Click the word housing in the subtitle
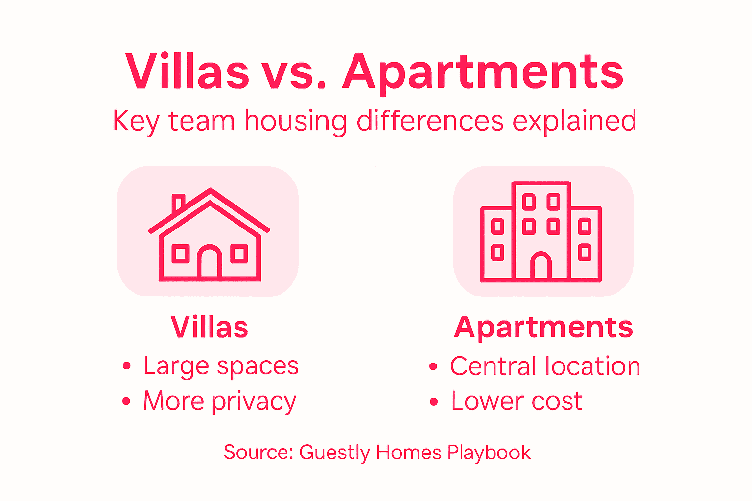[x=295, y=121]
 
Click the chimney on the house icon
[x=178, y=202]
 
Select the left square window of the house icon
[x=181, y=253]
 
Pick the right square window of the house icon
[x=239, y=253]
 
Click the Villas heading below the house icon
[x=210, y=327]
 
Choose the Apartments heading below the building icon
[x=543, y=327]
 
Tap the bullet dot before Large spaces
[x=127, y=366]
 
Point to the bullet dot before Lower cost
[x=434, y=402]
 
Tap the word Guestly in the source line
[x=334, y=453]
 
